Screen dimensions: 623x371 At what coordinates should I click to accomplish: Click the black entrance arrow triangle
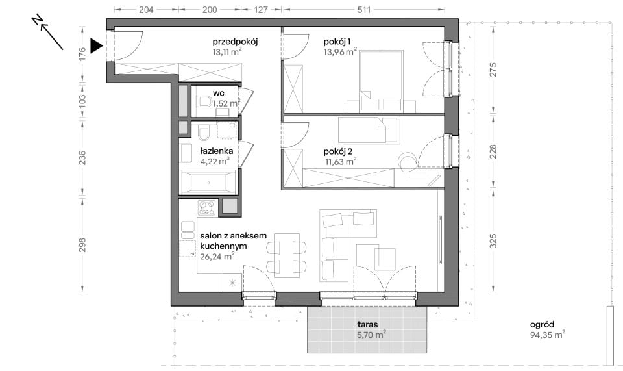pos(96,45)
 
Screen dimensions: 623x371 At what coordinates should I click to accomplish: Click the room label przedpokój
pos(235,42)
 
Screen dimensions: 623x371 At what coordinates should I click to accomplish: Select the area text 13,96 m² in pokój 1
pos(340,51)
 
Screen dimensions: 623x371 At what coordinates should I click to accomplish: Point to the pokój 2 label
pos(338,151)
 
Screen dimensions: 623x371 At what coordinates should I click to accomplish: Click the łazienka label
pos(217,151)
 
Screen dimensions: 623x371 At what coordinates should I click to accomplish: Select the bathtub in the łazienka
pos(208,183)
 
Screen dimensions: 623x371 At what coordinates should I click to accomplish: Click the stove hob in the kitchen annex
pos(207,207)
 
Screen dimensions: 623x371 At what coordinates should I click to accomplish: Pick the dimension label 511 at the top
pos(363,10)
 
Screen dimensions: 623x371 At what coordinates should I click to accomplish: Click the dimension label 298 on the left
pos(82,245)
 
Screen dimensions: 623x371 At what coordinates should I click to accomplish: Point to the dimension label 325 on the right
pos(493,241)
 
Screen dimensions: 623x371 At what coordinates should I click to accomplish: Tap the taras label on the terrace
pos(367,324)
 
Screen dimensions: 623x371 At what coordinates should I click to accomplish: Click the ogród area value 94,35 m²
pos(548,335)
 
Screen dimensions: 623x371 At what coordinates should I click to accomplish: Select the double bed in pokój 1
pos(381,80)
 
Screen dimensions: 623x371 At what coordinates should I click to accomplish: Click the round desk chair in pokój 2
pos(408,161)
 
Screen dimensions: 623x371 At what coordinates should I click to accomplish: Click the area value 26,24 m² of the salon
pos(217,257)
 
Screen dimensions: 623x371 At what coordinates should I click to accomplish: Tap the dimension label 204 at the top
pos(146,10)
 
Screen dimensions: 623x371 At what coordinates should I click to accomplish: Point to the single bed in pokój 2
pos(367,130)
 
